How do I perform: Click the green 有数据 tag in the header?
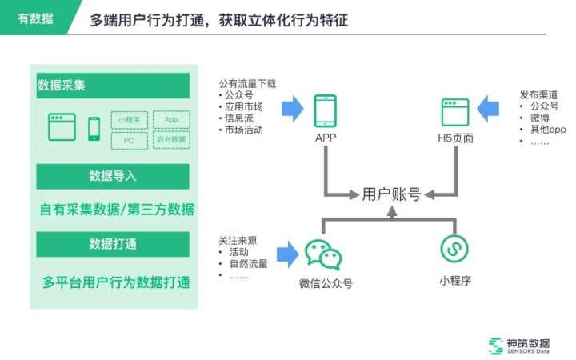click(x=36, y=18)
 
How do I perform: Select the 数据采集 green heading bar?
click(x=112, y=86)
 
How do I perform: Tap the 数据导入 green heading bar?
click(x=112, y=176)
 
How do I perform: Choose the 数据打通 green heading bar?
click(x=112, y=244)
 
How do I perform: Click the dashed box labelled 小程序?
click(x=130, y=120)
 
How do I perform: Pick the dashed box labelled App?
click(x=170, y=120)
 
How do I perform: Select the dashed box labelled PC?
click(x=130, y=140)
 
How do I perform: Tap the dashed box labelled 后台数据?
click(x=170, y=140)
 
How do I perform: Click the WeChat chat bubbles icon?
click(x=323, y=254)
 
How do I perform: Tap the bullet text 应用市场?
click(x=243, y=106)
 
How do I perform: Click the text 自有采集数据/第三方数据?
click(x=117, y=210)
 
